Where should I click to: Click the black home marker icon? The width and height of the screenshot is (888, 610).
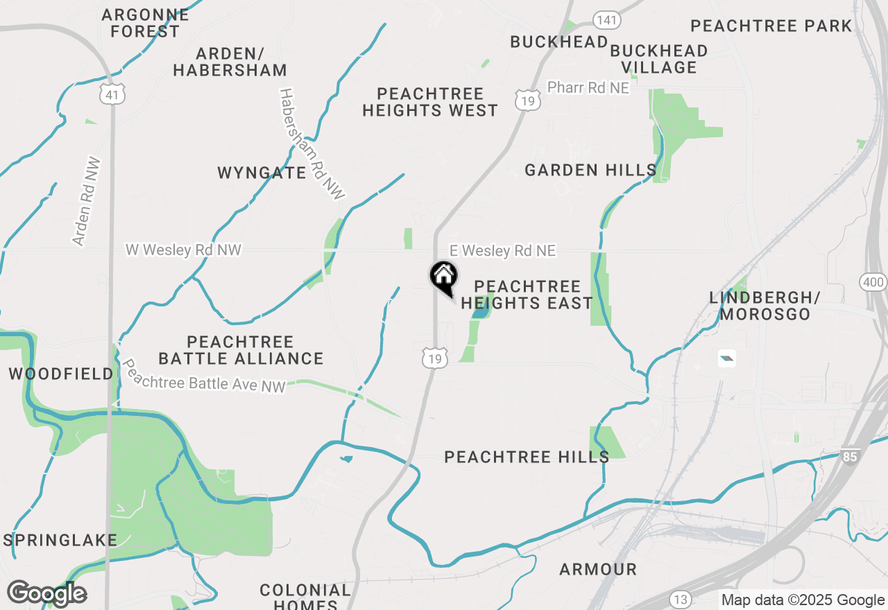(444, 277)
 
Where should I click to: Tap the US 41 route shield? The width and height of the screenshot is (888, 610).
(112, 94)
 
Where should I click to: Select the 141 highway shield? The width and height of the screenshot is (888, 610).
(606, 19)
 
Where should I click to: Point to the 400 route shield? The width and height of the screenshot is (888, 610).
(872, 281)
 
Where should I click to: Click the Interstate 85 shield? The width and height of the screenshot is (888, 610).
(850, 456)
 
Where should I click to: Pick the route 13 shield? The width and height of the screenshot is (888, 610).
(680, 599)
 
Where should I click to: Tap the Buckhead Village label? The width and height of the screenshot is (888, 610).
(659, 59)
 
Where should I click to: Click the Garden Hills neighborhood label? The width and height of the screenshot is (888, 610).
(590, 170)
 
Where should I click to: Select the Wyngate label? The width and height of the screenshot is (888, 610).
(262, 173)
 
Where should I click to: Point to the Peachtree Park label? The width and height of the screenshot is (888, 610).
(771, 26)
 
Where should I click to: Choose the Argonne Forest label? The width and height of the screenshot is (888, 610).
(145, 23)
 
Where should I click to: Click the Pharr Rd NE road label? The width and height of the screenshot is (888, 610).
(588, 88)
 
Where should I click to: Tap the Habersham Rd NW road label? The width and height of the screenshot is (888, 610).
(311, 144)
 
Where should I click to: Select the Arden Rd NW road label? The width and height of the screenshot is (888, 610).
(87, 202)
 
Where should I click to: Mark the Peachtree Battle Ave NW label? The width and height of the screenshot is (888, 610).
(203, 376)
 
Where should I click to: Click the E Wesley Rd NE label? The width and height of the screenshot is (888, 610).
(503, 251)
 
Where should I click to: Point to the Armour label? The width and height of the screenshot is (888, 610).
(598, 569)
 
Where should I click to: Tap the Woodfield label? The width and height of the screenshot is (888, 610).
(61, 374)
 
